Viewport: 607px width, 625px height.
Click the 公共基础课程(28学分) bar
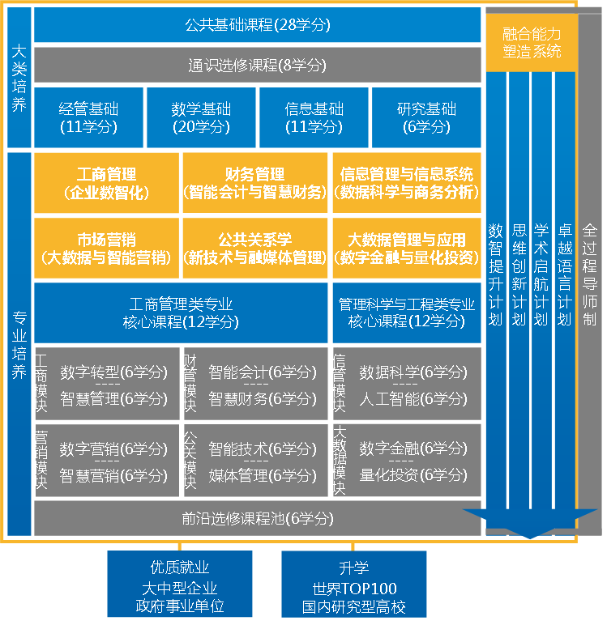258,25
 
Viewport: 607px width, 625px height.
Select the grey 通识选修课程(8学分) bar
258,65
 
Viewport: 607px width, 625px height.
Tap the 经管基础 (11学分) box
88,117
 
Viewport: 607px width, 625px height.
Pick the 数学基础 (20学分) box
201,117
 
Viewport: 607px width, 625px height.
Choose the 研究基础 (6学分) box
426,117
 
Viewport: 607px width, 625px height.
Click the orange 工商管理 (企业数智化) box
106,183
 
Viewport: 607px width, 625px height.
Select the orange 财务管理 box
254,183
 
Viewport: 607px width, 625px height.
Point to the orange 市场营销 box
106,249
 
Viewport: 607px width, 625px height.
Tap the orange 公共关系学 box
254,249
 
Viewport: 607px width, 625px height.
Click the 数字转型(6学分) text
113,372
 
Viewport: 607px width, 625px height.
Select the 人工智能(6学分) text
413,399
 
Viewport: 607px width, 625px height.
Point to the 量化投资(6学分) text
413,475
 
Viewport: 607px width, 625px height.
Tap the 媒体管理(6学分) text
263,475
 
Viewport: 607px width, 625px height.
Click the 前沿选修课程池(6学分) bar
258,518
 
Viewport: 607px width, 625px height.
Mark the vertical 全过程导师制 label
589,275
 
